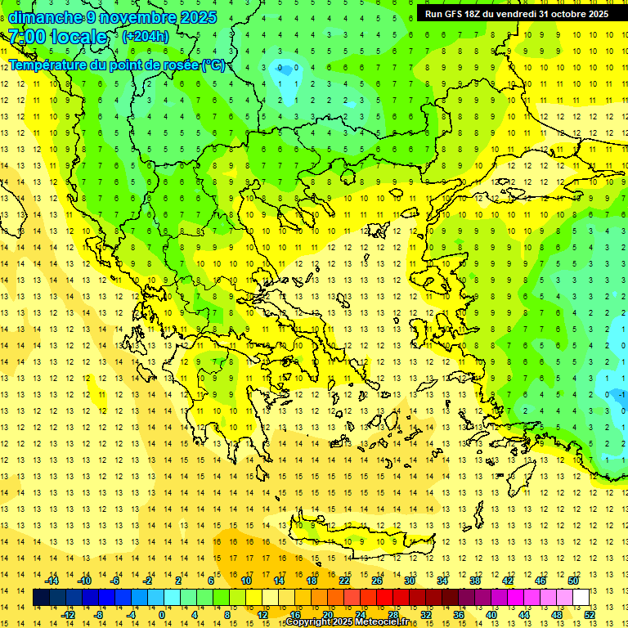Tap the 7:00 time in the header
tap(26, 37)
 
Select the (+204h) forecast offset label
tap(146, 37)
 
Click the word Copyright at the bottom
tap(308, 622)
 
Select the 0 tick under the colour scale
tap(161, 615)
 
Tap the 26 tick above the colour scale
tap(377, 581)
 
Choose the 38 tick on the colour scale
tap(475, 581)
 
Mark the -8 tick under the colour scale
tap(100, 615)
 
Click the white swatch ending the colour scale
tap(581, 598)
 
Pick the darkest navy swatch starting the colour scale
tap(41, 598)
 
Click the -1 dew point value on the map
tap(621, 395)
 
